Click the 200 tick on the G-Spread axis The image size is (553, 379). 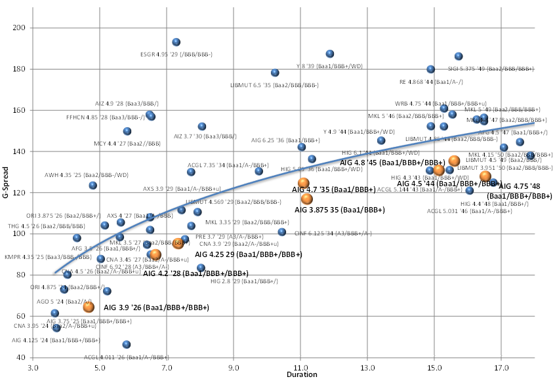[18, 28]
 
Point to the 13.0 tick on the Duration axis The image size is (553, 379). [367, 367]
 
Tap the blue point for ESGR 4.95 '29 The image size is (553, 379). [176, 42]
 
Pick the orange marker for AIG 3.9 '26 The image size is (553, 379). [88, 306]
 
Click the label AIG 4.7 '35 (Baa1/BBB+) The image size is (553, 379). [333, 190]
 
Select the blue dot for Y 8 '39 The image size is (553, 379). [330, 54]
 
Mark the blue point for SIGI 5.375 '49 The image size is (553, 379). [459, 56]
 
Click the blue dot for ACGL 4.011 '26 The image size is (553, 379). [126, 344]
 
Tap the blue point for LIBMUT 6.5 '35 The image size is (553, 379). [275, 73]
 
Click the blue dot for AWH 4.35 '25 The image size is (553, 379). [93, 186]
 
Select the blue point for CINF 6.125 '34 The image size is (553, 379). [282, 231]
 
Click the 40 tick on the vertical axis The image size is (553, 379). [20, 357]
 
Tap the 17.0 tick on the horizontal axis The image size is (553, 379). [501, 367]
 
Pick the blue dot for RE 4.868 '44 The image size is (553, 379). [431, 70]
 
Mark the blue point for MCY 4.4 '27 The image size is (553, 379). [127, 131]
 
